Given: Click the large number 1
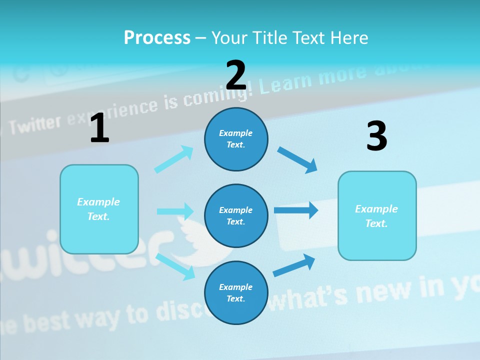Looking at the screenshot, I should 99,128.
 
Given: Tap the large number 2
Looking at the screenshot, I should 236,75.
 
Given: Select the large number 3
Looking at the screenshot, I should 376,136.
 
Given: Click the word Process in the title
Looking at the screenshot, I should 157,37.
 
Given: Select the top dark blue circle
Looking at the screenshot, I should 236,139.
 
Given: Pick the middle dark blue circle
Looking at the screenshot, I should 236,215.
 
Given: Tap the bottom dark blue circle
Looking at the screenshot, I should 236,292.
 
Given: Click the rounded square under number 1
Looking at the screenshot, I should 99,209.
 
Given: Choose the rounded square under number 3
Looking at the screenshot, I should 377,215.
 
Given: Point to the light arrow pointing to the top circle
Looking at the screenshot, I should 174,159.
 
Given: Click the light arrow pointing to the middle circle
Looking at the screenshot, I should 175,211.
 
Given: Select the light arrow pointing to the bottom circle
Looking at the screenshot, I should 175,266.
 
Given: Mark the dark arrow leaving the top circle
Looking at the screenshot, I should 297,160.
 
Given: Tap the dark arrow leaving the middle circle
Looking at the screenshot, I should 296,210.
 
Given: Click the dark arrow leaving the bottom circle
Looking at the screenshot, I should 294,265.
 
